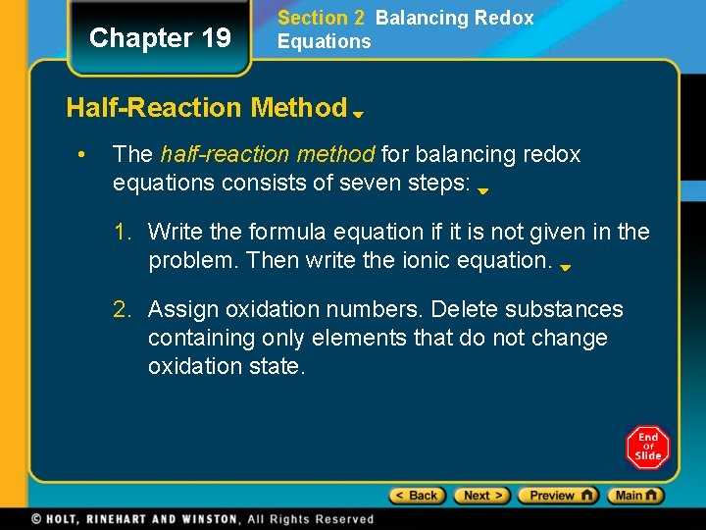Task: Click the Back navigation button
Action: (x=417, y=496)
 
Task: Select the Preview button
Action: (x=558, y=496)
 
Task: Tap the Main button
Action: (x=634, y=496)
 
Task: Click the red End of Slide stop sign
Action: (x=648, y=448)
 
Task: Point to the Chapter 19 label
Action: (x=160, y=38)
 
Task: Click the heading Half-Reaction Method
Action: (x=206, y=107)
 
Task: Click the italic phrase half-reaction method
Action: (x=268, y=154)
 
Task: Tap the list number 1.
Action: (x=121, y=232)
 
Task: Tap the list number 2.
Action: (x=121, y=309)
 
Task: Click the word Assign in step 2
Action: (x=183, y=309)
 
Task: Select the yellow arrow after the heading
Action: (x=359, y=114)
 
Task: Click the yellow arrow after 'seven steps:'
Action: (x=483, y=191)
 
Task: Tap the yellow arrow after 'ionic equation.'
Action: (x=566, y=267)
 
